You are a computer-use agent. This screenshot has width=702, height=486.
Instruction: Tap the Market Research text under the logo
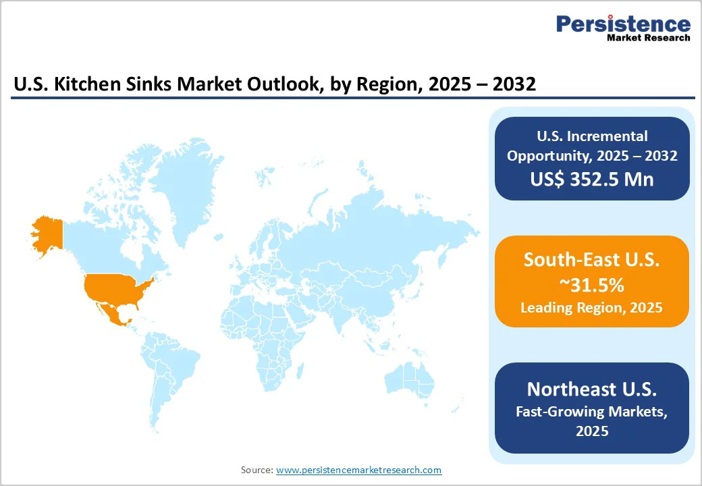[x=648, y=38]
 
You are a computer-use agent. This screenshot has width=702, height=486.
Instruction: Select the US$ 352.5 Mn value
[x=592, y=179]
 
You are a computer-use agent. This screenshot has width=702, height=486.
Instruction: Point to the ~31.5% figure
[x=591, y=285]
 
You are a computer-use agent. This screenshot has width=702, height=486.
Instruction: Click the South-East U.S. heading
[x=591, y=261]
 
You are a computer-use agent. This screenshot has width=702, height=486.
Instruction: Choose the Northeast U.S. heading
[x=591, y=389]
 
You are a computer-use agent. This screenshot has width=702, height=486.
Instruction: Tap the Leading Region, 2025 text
[x=591, y=308]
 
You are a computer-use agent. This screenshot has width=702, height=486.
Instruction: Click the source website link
[x=358, y=470]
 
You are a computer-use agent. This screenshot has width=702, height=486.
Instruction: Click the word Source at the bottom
[x=256, y=470]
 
